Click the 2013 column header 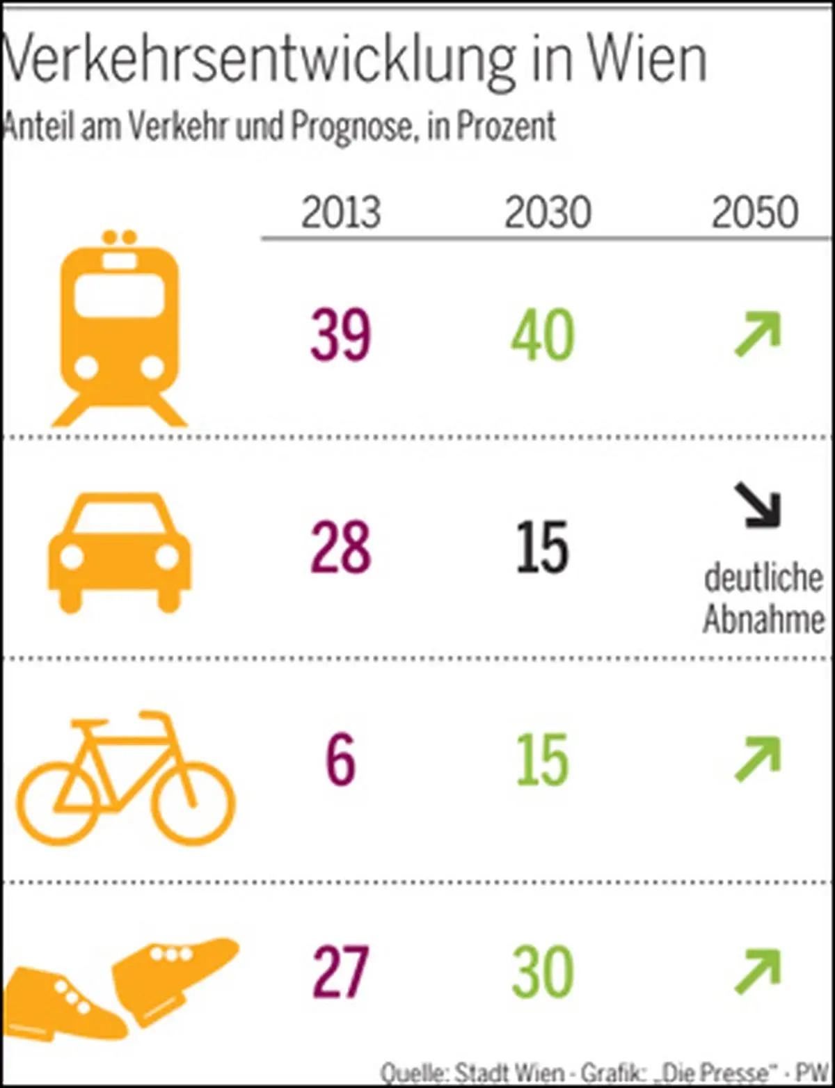coord(340,212)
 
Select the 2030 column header coord(548,212)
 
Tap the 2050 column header coord(754,212)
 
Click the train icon coord(120,328)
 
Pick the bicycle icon coord(125,776)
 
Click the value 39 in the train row coord(340,335)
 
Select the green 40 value coord(543,335)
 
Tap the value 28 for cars coord(340,548)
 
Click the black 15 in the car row coord(543,548)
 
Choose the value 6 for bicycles coord(340,760)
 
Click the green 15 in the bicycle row coord(543,760)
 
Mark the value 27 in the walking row coord(340,972)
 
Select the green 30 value coord(543,972)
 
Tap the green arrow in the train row coord(758,335)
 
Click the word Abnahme coord(763,619)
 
